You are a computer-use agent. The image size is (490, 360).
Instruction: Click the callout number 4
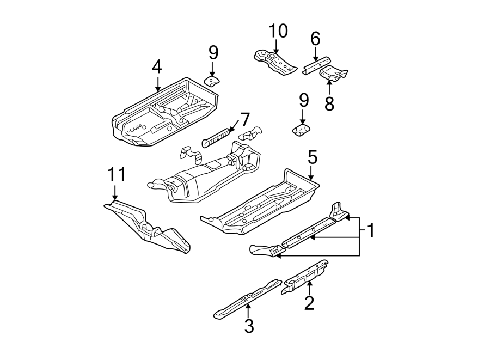pyautogui.click(x=157, y=67)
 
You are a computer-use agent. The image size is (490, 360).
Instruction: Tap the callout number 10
pyautogui.click(x=278, y=31)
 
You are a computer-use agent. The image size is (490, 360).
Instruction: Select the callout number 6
pyautogui.click(x=315, y=39)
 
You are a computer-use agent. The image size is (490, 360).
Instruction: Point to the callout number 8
pyautogui.click(x=329, y=103)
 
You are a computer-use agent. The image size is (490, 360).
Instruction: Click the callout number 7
pyautogui.click(x=244, y=119)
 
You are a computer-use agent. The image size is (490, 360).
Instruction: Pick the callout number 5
pyautogui.click(x=311, y=157)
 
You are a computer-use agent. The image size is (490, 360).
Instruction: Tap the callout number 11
pyautogui.click(x=116, y=174)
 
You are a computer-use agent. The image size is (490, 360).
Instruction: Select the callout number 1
pyautogui.click(x=370, y=231)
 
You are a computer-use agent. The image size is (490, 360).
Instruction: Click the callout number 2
pyautogui.click(x=309, y=303)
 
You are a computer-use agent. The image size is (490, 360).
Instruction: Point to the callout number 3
pyautogui.click(x=249, y=326)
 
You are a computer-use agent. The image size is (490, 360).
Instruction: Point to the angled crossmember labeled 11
pyautogui.click(x=147, y=228)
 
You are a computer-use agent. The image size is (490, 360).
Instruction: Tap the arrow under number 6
pyautogui.click(x=315, y=53)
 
